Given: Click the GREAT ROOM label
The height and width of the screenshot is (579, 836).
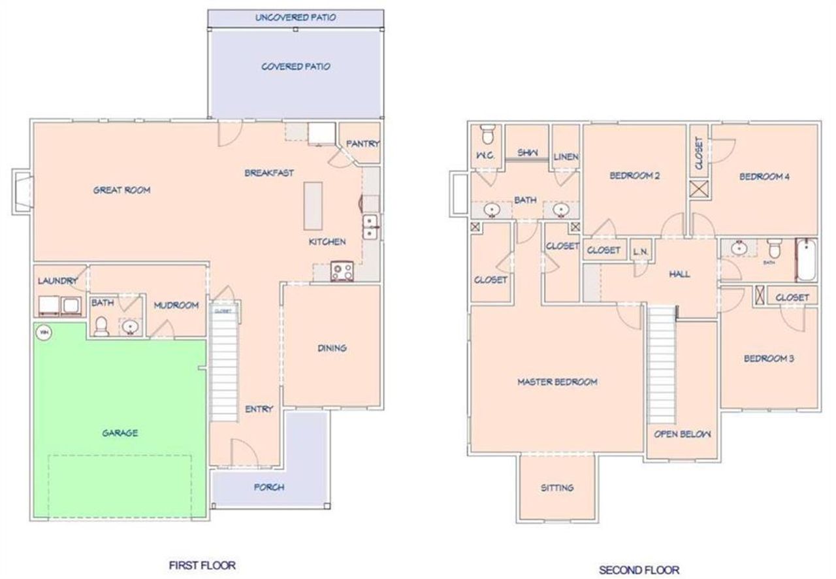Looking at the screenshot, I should point(121,190).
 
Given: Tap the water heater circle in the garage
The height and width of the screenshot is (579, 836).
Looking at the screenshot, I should point(44,333).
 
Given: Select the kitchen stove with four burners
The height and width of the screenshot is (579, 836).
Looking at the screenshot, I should point(342,271).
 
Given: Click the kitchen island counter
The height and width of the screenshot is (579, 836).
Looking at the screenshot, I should point(313,206).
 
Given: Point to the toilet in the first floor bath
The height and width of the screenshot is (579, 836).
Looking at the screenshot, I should point(101,326).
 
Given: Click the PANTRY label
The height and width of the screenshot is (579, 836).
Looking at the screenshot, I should point(362,144).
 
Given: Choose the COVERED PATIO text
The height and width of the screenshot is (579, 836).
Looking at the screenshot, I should point(295,67).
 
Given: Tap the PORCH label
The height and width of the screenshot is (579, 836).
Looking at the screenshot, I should point(269,488).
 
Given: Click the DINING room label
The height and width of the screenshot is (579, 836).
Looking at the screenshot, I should point(332,348).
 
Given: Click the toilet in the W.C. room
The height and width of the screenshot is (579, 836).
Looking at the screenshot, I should point(487,135).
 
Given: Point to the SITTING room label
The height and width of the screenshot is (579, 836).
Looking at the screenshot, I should point(557,488).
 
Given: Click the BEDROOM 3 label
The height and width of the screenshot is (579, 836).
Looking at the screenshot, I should point(769,359).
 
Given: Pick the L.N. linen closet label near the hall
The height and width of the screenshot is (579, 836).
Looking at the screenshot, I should point(639,251).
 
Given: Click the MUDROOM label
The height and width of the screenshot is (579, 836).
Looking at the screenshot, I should point(176,305).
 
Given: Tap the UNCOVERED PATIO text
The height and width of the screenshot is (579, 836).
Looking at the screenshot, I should point(295,17).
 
